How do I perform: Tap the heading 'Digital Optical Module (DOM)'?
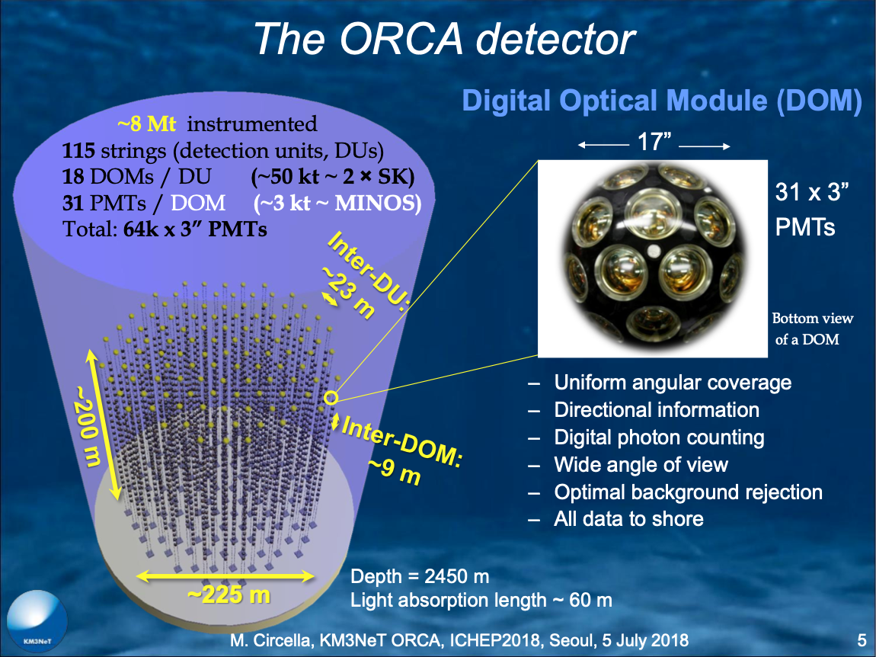tap(662, 101)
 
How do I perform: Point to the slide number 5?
tap(862, 640)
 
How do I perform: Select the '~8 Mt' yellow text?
tap(147, 123)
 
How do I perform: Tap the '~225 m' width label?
tap(229, 595)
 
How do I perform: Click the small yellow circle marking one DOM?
tap(331, 398)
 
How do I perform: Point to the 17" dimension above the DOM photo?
tap(654, 142)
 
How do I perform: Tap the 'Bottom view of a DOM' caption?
tap(812, 328)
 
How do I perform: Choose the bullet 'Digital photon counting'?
tap(659, 437)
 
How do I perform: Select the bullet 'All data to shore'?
tap(628, 519)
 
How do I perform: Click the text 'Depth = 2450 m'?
tap(420, 576)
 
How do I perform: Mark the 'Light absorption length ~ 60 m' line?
tap(481, 601)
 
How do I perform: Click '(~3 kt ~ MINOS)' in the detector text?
tap(337, 203)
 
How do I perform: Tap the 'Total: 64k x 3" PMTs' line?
tap(165, 229)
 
